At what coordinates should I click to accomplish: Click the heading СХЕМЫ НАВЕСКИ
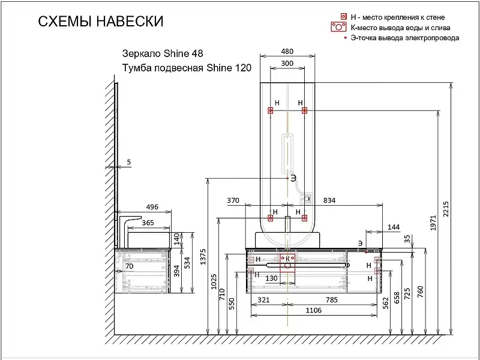pyautogui.click(x=100, y=22)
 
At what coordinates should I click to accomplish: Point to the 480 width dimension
pyautogui.click(x=287, y=51)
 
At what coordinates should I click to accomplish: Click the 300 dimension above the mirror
pyautogui.click(x=287, y=63)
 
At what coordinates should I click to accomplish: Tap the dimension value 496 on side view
pyautogui.click(x=152, y=207)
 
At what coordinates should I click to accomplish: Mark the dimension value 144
pyautogui.click(x=394, y=227)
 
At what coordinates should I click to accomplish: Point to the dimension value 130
pyautogui.click(x=271, y=278)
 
